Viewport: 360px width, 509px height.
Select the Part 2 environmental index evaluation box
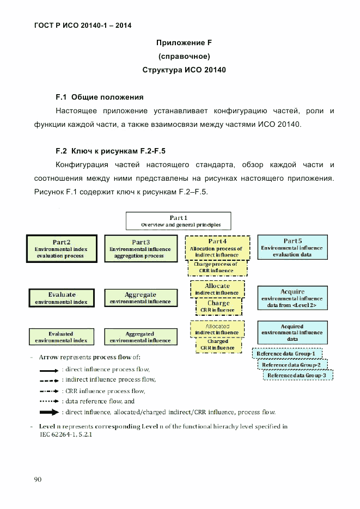(x=61, y=248)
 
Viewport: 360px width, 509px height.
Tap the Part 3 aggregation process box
(x=140, y=248)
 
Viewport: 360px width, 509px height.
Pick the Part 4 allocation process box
(x=217, y=248)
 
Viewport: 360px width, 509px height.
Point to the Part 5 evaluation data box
(x=292, y=247)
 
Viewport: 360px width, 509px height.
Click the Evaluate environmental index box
(x=61, y=298)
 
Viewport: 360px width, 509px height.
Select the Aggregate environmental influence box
(x=140, y=298)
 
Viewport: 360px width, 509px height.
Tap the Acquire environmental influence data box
(x=292, y=299)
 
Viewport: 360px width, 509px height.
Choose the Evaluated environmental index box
(x=61, y=337)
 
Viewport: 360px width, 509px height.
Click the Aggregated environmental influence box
(x=140, y=337)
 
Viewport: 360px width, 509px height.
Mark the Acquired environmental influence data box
(x=292, y=333)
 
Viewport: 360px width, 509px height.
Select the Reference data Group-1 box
(x=286, y=354)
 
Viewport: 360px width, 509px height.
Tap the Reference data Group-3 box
(x=297, y=375)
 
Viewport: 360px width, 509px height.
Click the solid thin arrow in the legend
(x=49, y=370)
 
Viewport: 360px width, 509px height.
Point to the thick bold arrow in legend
(x=49, y=412)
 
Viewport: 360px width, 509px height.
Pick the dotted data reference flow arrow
(x=49, y=401)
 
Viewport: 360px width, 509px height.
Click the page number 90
(x=38, y=479)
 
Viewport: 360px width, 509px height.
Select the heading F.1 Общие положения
(x=100, y=97)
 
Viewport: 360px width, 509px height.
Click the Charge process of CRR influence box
(x=217, y=267)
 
